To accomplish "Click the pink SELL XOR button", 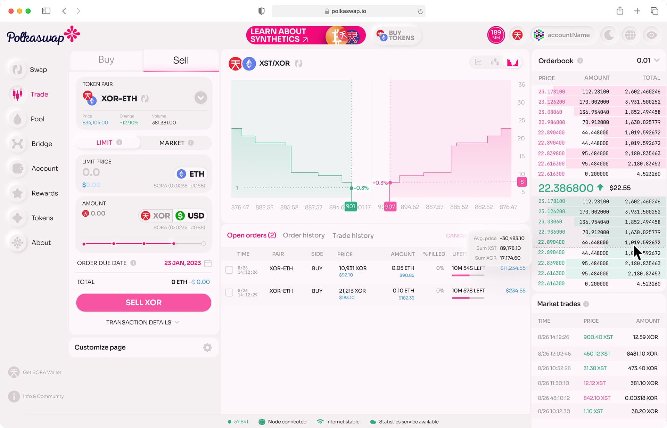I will (x=143, y=302).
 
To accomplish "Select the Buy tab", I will (x=106, y=60).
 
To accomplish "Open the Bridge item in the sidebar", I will (x=41, y=144).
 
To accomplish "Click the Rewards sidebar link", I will (x=44, y=193).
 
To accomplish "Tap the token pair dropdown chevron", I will (x=200, y=98).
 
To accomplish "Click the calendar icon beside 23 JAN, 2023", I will (x=208, y=263).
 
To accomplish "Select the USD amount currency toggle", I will (x=190, y=216).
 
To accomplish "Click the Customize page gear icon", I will (x=207, y=347).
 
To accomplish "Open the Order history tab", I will (x=304, y=235).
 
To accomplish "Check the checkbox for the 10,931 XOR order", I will (x=229, y=270).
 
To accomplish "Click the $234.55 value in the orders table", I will (x=515, y=291).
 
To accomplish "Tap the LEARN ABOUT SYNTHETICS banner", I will (x=306, y=35).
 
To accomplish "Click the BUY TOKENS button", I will (x=396, y=35).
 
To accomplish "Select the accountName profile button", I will (x=562, y=35).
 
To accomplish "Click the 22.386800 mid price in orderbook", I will (x=566, y=188).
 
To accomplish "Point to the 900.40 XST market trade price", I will (x=598, y=337).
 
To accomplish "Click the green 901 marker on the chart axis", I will (x=351, y=207).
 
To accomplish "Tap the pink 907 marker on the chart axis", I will (x=390, y=207).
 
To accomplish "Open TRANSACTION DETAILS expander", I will (x=143, y=322).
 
